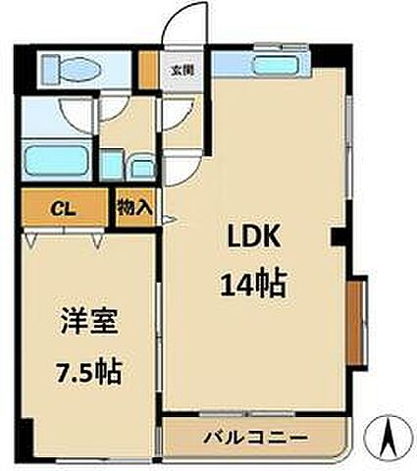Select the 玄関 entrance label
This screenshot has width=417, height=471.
(180, 70)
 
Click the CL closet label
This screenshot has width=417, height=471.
(60, 208)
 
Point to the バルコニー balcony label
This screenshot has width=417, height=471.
(257, 436)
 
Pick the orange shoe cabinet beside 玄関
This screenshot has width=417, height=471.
(147, 72)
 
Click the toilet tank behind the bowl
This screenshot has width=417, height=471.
(49, 71)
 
